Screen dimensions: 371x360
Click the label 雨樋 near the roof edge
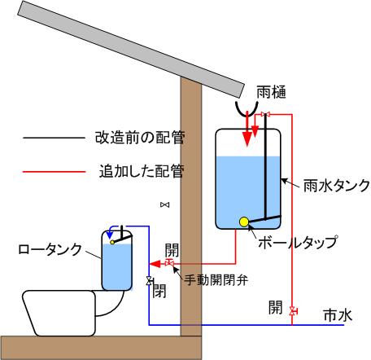(271, 92)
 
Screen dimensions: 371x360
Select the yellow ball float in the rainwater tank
(244, 222)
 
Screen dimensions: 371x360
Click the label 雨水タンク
(337, 186)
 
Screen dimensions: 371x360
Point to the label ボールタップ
(298, 242)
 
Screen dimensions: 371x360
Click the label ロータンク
(50, 249)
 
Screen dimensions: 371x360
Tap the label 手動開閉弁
(216, 279)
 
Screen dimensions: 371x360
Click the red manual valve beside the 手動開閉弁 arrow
(169, 262)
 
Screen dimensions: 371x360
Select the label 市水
(338, 315)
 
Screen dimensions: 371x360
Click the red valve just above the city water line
(292, 310)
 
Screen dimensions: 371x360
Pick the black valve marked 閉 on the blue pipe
(149, 281)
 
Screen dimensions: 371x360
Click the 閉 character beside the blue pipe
(159, 291)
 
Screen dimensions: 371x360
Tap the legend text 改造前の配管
(140, 138)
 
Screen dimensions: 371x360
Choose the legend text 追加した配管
(142, 171)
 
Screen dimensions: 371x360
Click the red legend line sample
(55, 172)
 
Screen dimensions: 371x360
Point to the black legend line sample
(55, 138)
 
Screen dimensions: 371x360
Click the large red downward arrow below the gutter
(247, 129)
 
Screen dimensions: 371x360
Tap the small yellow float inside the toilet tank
(112, 242)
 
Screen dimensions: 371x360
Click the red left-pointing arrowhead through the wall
(155, 264)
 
